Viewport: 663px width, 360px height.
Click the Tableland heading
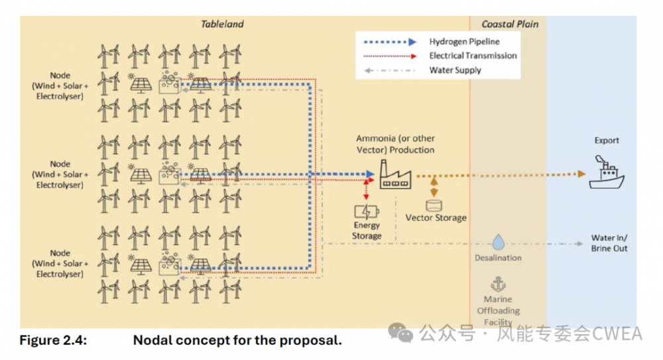coord(222,25)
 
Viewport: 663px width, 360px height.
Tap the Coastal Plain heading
coord(510,25)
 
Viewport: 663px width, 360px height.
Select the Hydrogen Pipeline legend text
coord(464,42)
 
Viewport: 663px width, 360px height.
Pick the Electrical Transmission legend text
coord(473,56)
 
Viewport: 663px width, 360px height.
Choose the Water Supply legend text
coord(455,70)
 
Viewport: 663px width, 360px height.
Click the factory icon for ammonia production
coord(395,175)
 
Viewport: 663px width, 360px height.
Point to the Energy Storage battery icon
coord(367,212)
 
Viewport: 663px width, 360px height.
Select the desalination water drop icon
coord(499,243)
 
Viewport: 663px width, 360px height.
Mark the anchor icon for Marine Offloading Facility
coord(497,284)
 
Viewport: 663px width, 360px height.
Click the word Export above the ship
coord(607,141)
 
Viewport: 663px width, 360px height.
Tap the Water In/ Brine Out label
coord(609,243)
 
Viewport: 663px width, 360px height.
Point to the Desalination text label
coord(498,258)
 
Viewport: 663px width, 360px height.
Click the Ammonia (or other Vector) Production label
coord(395,144)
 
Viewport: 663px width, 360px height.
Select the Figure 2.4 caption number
coord(52,341)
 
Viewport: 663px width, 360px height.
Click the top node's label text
coord(60,86)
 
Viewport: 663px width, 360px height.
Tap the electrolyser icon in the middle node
coord(170,174)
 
